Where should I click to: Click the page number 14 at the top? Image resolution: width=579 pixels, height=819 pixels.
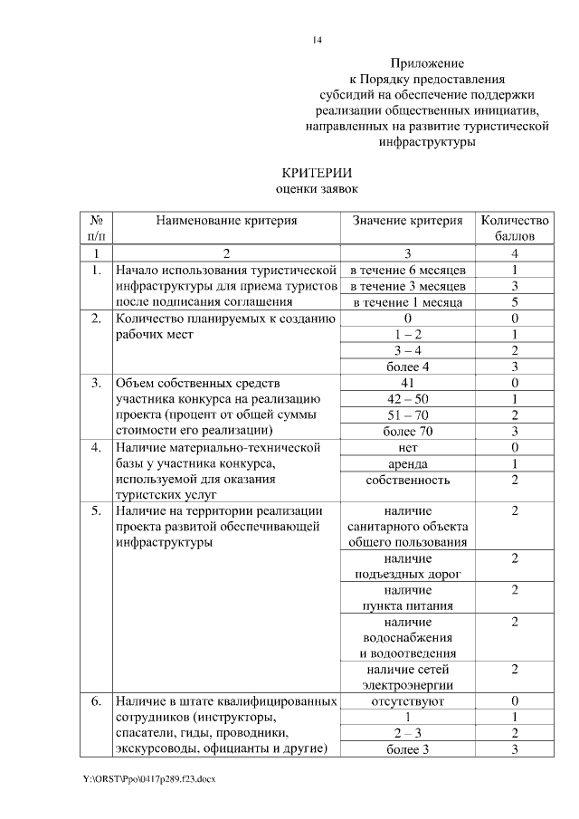pos(317,40)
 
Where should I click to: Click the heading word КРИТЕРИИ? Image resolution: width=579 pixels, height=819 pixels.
pos(316,172)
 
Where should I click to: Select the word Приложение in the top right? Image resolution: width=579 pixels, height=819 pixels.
pos(427,64)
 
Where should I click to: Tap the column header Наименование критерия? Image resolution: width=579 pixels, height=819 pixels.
pos(225,220)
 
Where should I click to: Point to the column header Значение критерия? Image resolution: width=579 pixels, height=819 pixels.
pos(407,220)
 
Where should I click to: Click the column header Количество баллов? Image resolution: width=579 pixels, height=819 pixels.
pos(514,228)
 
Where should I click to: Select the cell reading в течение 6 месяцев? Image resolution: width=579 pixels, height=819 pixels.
pos(407,270)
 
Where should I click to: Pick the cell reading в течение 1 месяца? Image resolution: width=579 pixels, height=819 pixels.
pos(407,302)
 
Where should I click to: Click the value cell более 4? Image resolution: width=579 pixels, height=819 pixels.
pos(407,367)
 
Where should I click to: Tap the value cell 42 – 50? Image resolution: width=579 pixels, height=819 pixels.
pos(407,398)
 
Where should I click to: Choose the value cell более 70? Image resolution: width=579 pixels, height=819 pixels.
pos(407,431)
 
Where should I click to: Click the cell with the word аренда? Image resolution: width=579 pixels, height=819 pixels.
pos(407,463)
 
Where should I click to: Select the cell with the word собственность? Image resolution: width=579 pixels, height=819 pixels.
pos(407,480)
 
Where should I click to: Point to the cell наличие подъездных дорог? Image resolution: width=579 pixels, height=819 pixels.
pos(407,567)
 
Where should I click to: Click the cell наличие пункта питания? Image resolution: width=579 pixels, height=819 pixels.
pos(407,598)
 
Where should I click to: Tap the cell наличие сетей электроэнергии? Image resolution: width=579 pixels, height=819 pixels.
pos(407,677)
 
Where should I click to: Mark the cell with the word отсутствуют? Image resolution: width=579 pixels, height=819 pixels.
pos(407,700)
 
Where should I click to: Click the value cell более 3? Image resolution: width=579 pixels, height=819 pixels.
pos(407,748)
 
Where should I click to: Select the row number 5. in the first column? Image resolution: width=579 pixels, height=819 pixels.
pos(96,511)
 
